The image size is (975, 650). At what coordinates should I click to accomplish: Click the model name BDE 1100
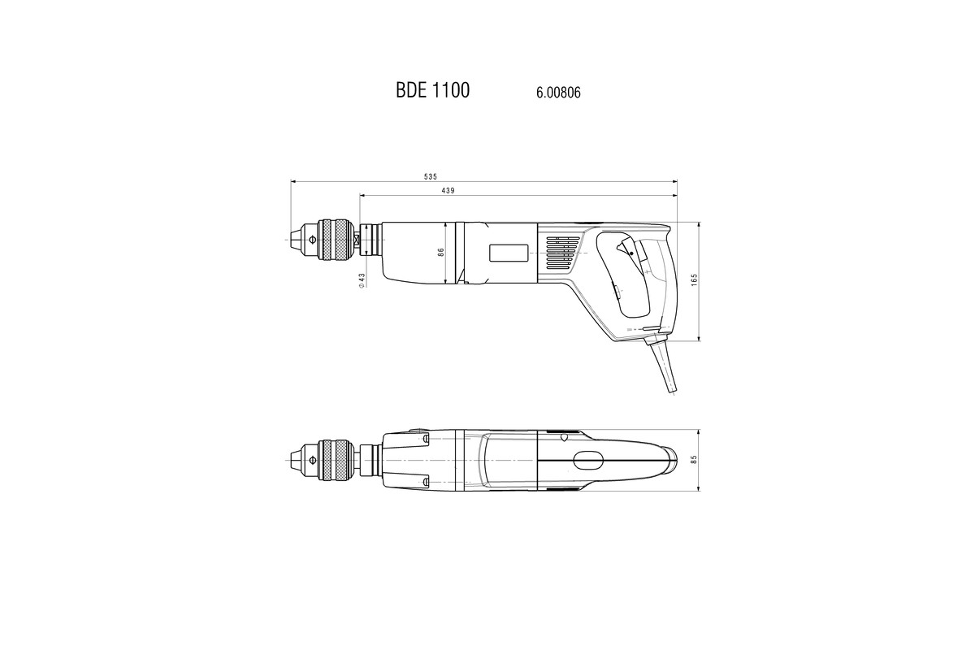click(x=432, y=90)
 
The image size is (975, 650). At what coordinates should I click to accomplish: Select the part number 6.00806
click(x=558, y=93)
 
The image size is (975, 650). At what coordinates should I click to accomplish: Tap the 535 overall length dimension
click(x=431, y=176)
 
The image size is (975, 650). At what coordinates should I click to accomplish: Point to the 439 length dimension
click(x=447, y=190)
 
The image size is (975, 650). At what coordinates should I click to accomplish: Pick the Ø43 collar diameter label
click(x=362, y=279)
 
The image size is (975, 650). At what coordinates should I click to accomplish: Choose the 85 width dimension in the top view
click(x=694, y=459)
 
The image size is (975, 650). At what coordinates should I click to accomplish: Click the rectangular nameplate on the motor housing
click(x=509, y=253)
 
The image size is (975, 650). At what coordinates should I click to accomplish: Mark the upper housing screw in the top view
click(x=426, y=440)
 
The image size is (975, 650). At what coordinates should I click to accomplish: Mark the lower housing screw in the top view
click(x=426, y=483)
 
